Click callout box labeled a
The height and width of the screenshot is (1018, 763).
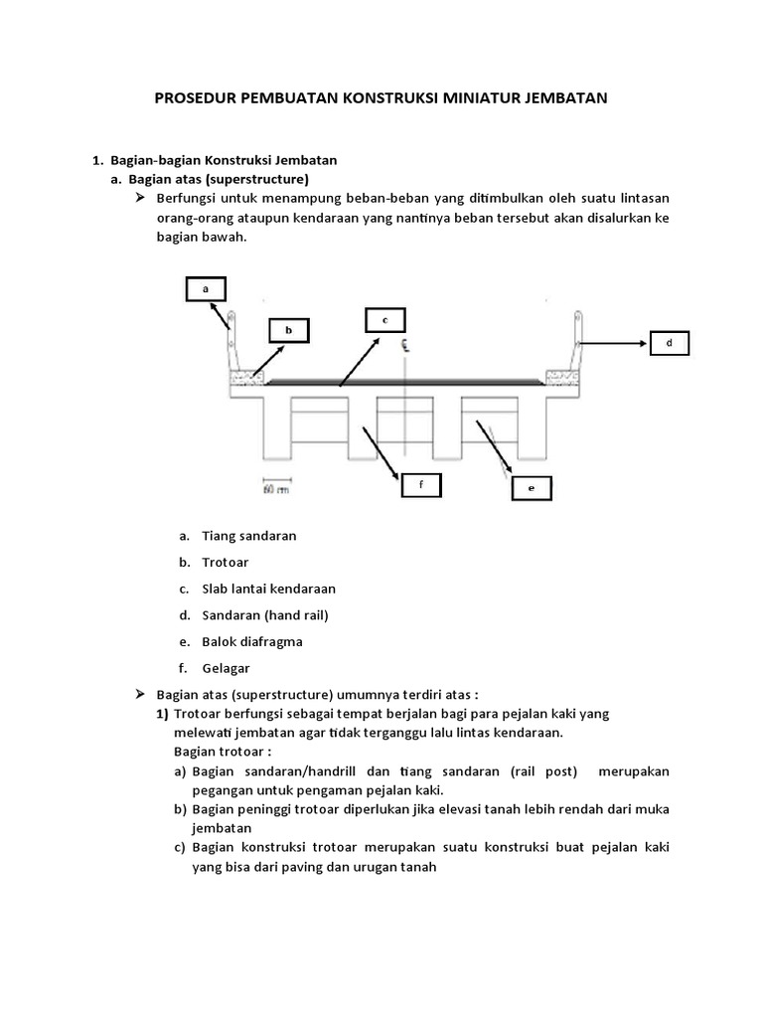(x=206, y=288)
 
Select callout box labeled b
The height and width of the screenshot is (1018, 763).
(x=289, y=331)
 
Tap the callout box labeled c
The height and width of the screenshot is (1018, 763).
(x=384, y=319)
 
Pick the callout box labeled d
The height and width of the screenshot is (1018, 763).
(x=669, y=343)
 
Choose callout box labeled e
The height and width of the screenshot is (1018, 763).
(x=532, y=488)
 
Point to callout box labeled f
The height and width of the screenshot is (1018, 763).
(x=420, y=484)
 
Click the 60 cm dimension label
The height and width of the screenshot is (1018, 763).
(x=274, y=489)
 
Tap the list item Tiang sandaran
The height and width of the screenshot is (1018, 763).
(x=249, y=536)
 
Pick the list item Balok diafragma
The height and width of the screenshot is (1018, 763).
(x=252, y=642)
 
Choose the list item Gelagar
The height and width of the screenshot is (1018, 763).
(x=227, y=669)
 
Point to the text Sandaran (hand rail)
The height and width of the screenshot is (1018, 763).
(x=265, y=615)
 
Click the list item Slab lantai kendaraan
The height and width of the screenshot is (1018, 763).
(x=268, y=590)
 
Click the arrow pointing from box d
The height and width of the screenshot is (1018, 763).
(x=613, y=344)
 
